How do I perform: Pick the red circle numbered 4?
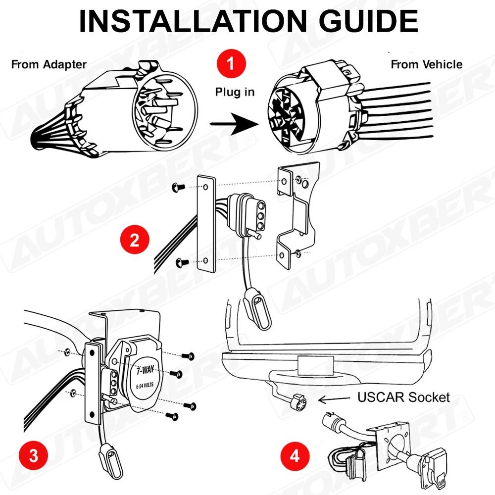tap(295, 455)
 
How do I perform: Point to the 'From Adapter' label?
tap(49, 64)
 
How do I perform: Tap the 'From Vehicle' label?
tap(426, 64)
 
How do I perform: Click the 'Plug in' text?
tap(235, 93)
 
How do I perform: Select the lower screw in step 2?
tap(180, 261)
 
